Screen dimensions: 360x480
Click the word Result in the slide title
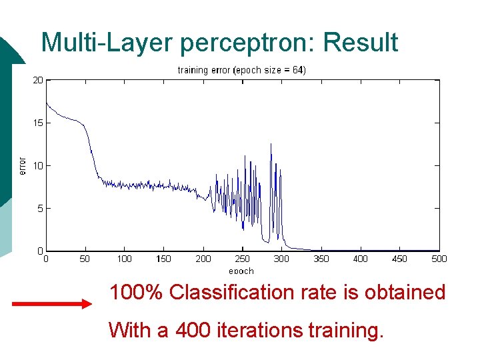360,43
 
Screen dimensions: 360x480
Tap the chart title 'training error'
203,70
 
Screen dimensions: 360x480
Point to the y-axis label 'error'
22,166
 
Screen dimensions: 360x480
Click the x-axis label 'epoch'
241,271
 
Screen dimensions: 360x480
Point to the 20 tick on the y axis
38,80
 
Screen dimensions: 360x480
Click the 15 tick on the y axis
38,123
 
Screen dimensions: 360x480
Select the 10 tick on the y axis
38,165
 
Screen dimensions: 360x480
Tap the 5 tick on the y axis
40,208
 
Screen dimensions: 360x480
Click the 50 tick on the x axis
85,259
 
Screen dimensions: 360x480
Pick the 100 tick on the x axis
124,259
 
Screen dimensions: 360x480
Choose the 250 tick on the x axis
242,259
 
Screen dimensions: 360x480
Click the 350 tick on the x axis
321,259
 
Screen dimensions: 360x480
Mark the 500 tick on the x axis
439,259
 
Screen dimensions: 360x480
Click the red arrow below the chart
52,304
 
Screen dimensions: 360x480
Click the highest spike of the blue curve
271,144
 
